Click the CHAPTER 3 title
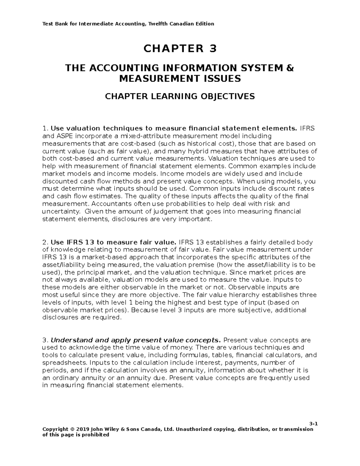pyautogui.click(x=180, y=48)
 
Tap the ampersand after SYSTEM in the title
pyautogui.click(x=290, y=68)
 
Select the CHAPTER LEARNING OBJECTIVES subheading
pyautogui.click(x=179, y=96)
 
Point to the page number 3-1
pyautogui.click(x=313, y=424)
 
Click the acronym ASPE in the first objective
pyautogui.click(x=61, y=136)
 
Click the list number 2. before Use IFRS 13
pyautogui.click(x=45, y=242)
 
